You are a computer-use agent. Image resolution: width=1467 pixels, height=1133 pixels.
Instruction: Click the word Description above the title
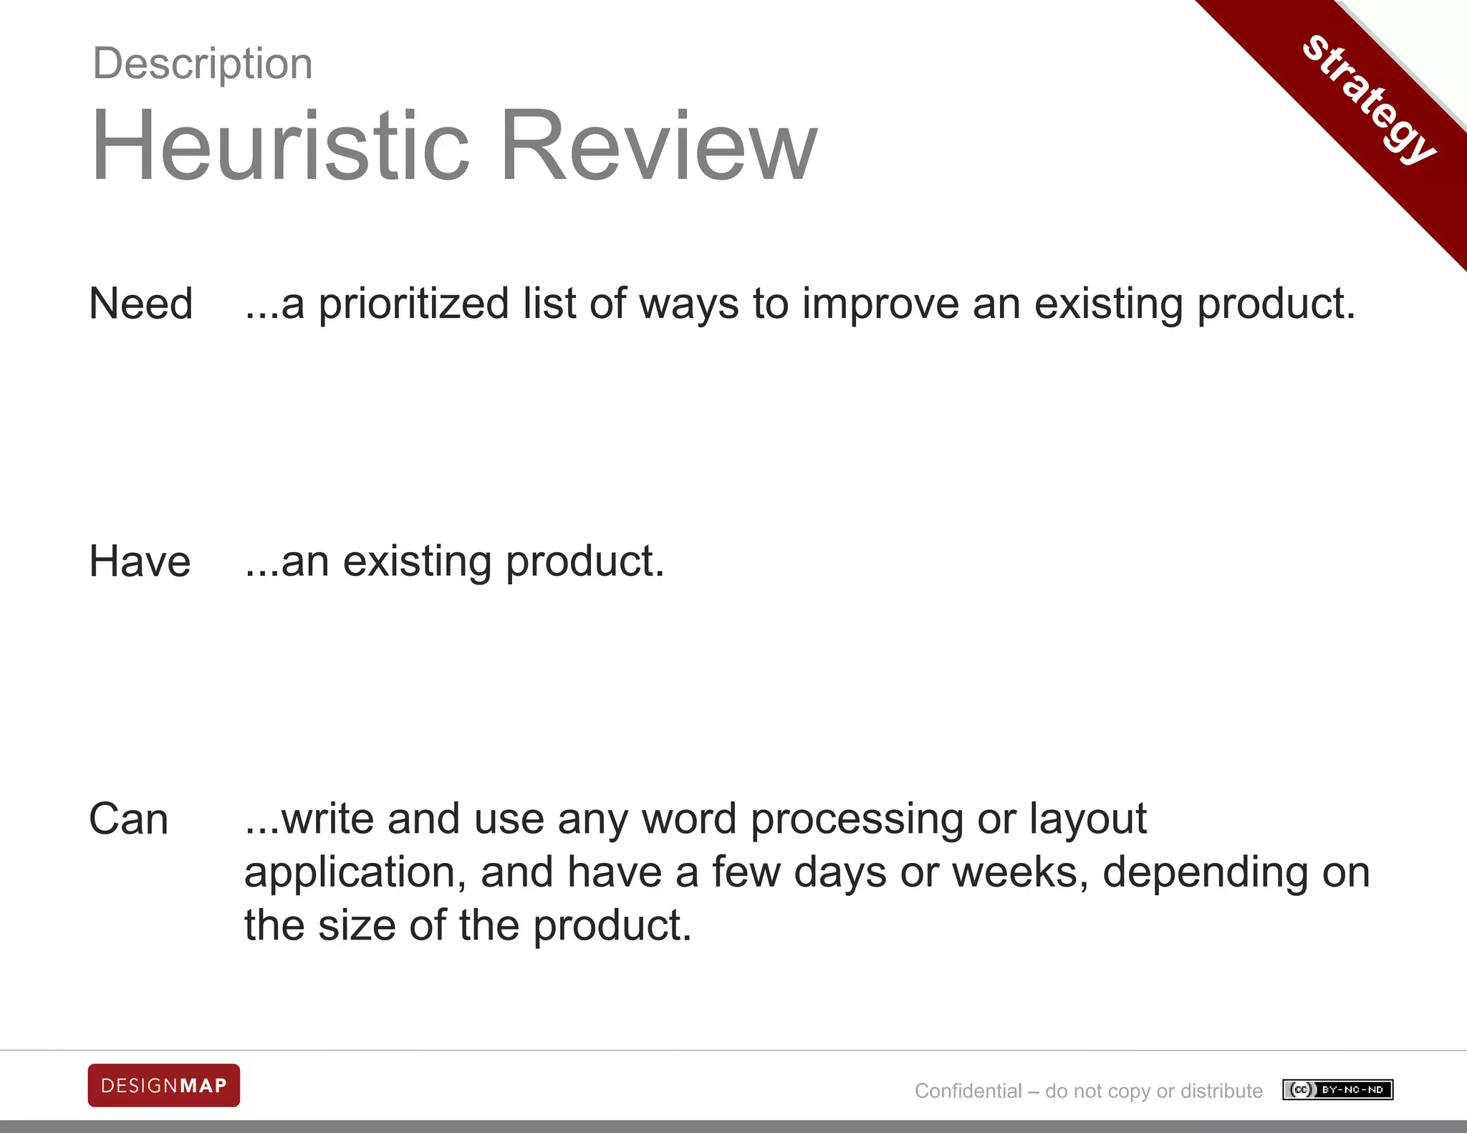coord(203,64)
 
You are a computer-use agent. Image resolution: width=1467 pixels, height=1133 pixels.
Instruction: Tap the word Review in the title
coord(658,145)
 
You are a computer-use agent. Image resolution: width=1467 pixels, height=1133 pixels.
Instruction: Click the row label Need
coord(141,304)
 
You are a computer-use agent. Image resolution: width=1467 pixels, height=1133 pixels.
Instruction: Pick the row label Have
coord(140,561)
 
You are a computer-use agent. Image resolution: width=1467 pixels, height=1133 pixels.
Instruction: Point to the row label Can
coord(129,819)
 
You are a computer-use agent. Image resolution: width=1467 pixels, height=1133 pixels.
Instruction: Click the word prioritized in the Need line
coord(413,304)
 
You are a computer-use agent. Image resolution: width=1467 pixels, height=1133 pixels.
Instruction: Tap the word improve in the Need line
coord(880,304)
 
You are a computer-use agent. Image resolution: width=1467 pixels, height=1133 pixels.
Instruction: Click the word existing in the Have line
coord(418,562)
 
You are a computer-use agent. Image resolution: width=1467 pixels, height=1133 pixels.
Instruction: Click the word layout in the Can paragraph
coord(1087,820)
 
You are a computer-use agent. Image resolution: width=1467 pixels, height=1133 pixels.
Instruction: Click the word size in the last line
coord(356,925)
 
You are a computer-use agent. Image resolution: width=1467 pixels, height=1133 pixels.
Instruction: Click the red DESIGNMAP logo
coord(164,1086)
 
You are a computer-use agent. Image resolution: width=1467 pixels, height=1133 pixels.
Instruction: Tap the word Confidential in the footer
coord(968,1091)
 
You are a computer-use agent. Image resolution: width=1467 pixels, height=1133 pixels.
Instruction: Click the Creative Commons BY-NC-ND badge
coord(1337,1089)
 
